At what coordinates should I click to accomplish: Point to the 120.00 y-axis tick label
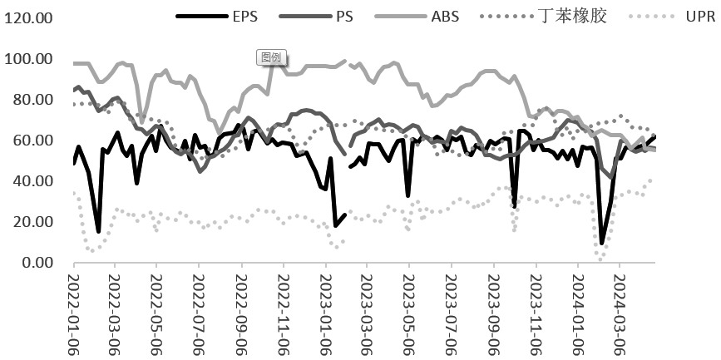(x=28, y=18)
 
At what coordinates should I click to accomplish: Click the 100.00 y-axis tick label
(x=28, y=59)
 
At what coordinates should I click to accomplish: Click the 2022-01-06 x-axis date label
(x=72, y=308)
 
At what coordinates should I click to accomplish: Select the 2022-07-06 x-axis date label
(x=199, y=308)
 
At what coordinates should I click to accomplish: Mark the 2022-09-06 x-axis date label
(x=241, y=308)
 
